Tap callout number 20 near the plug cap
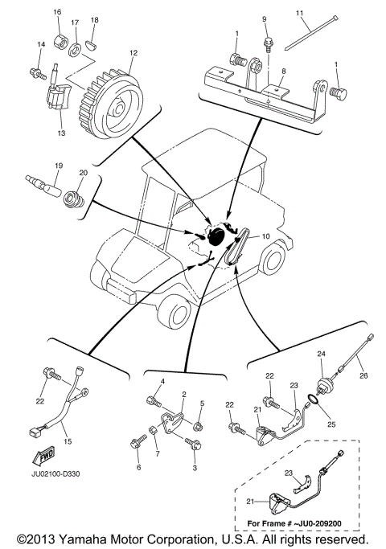(83, 173)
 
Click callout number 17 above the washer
(75, 23)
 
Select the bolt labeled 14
(35, 73)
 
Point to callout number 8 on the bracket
(283, 72)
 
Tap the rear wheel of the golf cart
(271, 259)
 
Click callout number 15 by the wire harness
(68, 441)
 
